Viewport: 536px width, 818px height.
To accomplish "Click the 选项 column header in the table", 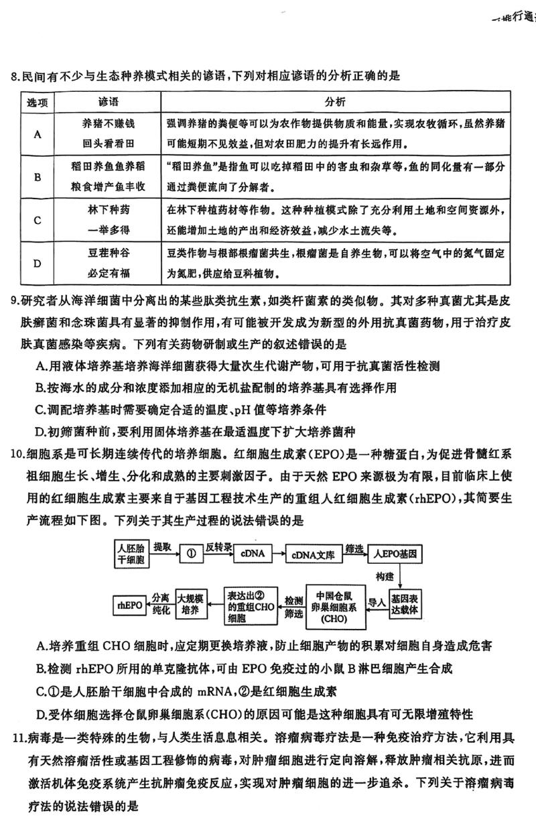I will (38, 102).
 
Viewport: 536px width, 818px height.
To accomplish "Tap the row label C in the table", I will (38, 220).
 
